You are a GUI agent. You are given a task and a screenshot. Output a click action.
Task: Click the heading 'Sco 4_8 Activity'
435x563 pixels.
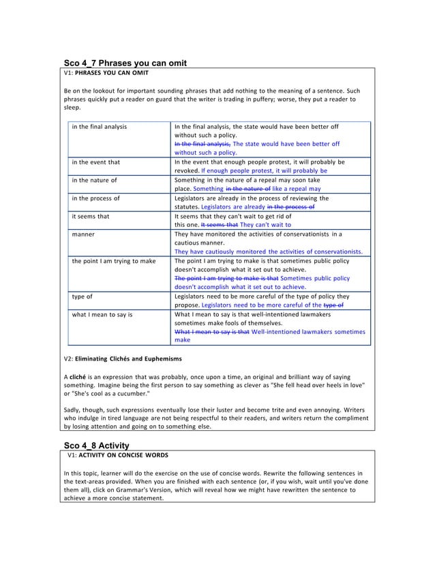click(101, 445)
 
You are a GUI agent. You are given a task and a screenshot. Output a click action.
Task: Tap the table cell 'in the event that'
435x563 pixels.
click(95, 162)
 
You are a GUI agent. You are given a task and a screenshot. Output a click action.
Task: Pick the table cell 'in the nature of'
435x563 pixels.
click(94, 180)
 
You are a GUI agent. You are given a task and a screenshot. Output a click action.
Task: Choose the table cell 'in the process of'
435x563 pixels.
click(96, 198)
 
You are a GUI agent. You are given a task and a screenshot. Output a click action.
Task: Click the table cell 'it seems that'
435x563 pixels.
click(90, 216)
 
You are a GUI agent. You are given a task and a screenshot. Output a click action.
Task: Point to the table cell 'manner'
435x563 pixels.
click(83, 234)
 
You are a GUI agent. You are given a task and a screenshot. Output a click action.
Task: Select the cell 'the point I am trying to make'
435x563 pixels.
click(114, 260)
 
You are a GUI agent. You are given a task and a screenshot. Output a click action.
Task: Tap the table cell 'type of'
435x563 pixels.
click(84, 296)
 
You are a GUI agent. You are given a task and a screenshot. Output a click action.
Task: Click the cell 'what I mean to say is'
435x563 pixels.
click(102, 315)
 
